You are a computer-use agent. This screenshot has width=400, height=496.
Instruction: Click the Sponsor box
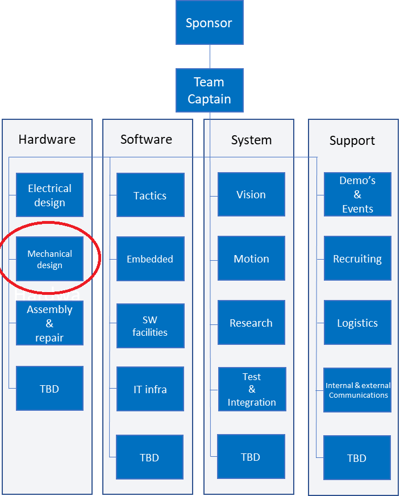click(x=209, y=23)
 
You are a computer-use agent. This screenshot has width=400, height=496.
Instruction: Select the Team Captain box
click(x=209, y=90)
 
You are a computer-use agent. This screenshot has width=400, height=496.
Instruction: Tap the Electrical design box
click(x=49, y=195)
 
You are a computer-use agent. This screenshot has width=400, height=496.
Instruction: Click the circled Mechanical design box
click(x=49, y=259)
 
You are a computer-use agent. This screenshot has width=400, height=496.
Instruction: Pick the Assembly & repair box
click(x=49, y=323)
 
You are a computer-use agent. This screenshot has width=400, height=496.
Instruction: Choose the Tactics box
click(x=150, y=195)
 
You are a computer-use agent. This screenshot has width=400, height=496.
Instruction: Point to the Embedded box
click(x=150, y=259)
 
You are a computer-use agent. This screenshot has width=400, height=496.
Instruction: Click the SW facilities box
click(x=150, y=326)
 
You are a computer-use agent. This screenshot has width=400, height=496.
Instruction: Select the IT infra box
click(x=150, y=389)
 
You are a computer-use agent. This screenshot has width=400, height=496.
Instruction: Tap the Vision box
click(x=251, y=194)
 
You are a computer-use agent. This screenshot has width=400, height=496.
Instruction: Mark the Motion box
click(x=251, y=259)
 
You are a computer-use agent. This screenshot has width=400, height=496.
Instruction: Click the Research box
click(x=251, y=323)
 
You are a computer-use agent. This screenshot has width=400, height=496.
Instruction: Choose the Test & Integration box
click(x=252, y=389)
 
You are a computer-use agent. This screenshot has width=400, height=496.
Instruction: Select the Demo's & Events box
click(x=357, y=194)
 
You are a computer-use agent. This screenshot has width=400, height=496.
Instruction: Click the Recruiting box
click(x=357, y=259)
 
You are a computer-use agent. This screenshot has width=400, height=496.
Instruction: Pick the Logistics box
click(x=357, y=323)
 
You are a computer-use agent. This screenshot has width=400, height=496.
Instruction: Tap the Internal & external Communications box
click(x=357, y=390)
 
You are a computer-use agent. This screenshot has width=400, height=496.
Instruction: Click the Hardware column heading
click(x=47, y=139)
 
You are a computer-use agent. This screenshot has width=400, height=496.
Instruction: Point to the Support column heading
click(x=352, y=140)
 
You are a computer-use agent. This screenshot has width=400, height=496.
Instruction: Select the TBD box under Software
click(x=149, y=457)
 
